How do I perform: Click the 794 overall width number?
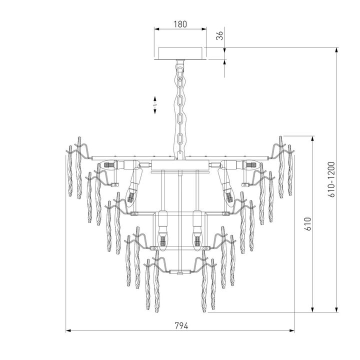pyautogui.click(x=180, y=325)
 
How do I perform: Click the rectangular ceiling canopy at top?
pyautogui.click(x=180, y=53)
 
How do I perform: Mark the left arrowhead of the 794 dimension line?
pyautogui.click(x=68, y=330)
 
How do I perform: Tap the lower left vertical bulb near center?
pyautogui.click(x=162, y=235)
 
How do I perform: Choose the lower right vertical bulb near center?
pyautogui.click(x=197, y=235)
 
